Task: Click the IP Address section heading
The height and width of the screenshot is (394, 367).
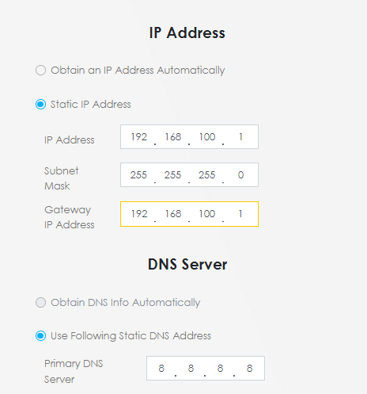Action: pos(187,33)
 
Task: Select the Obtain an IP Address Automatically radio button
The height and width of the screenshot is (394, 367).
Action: pos(40,71)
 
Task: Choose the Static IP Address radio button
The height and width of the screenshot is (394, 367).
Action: pos(40,104)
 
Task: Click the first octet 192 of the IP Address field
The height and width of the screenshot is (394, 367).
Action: pos(139,137)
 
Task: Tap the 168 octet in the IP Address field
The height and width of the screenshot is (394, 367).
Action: pos(173,137)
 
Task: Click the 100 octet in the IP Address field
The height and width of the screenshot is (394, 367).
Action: pos(207,137)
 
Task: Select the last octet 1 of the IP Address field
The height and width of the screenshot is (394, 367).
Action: pos(240,137)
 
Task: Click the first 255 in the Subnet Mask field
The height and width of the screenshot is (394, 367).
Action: pos(138,175)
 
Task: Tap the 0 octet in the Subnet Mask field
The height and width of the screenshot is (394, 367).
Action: pos(240,175)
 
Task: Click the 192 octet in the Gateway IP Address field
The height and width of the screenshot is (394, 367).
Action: pos(139,214)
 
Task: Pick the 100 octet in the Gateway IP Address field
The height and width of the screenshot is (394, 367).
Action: pos(207,214)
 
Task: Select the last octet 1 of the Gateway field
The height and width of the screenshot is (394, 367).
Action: pos(240,214)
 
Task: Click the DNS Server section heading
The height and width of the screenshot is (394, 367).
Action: pos(187,264)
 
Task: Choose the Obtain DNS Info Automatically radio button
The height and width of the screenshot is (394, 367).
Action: pos(40,303)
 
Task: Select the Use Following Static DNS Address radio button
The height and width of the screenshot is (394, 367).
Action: pos(40,336)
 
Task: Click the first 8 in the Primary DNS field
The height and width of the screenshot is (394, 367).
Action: pos(161,368)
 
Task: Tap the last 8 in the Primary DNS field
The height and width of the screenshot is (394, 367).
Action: pos(249,368)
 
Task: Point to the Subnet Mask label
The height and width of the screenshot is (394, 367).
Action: pos(62,178)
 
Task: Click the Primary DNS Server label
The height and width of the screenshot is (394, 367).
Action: pos(74,371)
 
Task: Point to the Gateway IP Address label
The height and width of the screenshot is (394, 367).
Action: pos(70,217)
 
